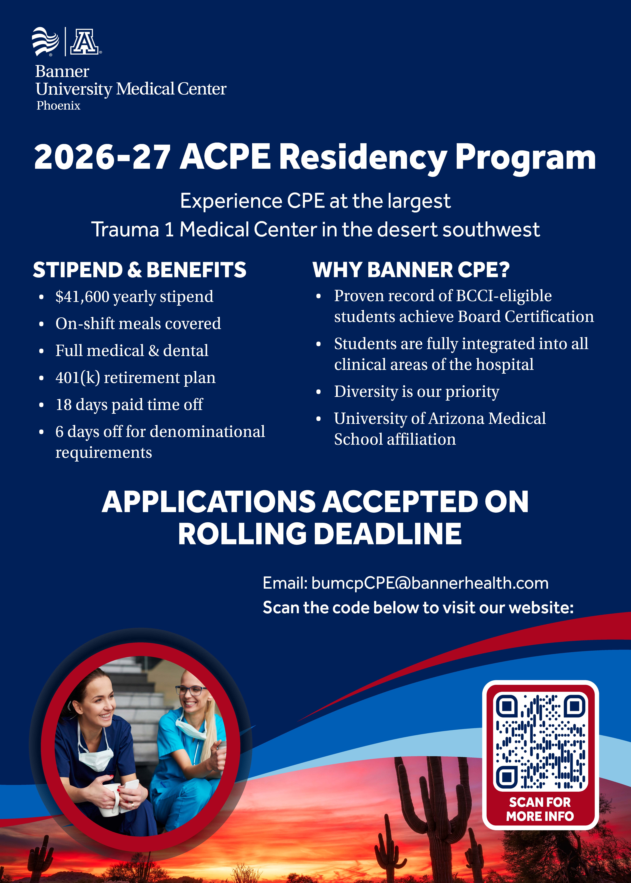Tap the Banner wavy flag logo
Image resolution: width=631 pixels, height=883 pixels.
tap(45, 41)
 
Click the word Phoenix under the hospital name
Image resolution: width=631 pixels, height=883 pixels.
tap(58, 106)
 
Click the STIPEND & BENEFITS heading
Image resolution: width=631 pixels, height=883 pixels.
tap(139, 270)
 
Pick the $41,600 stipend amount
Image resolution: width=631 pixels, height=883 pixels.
tap(82, 297)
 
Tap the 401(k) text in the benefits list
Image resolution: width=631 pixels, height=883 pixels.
tap(78, 378)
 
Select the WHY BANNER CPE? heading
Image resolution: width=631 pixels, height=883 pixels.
tap(411, 270)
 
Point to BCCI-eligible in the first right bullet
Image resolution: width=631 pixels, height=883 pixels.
tap(504, 296)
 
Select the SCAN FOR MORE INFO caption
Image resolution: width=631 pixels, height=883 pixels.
tap(540, 810)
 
